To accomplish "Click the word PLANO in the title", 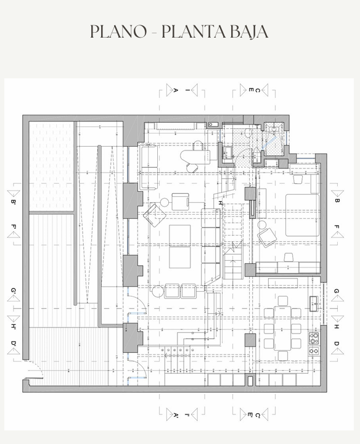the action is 118,31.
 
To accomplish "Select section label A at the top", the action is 176,90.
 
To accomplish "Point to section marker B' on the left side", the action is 14,202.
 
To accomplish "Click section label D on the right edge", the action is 337,343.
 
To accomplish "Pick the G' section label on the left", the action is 14,291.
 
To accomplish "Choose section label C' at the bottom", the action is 258,416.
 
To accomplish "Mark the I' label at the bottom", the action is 187,415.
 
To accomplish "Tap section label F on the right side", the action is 337,227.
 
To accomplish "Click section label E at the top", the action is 251,90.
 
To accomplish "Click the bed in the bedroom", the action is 302,215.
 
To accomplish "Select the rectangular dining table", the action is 282,328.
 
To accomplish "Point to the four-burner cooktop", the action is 314,338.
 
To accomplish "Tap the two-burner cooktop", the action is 314,351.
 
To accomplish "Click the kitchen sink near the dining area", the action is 315,303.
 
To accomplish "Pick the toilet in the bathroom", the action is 248,132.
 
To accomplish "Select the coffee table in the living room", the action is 180,246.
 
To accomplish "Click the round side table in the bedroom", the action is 262,226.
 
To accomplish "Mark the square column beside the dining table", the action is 250,340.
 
